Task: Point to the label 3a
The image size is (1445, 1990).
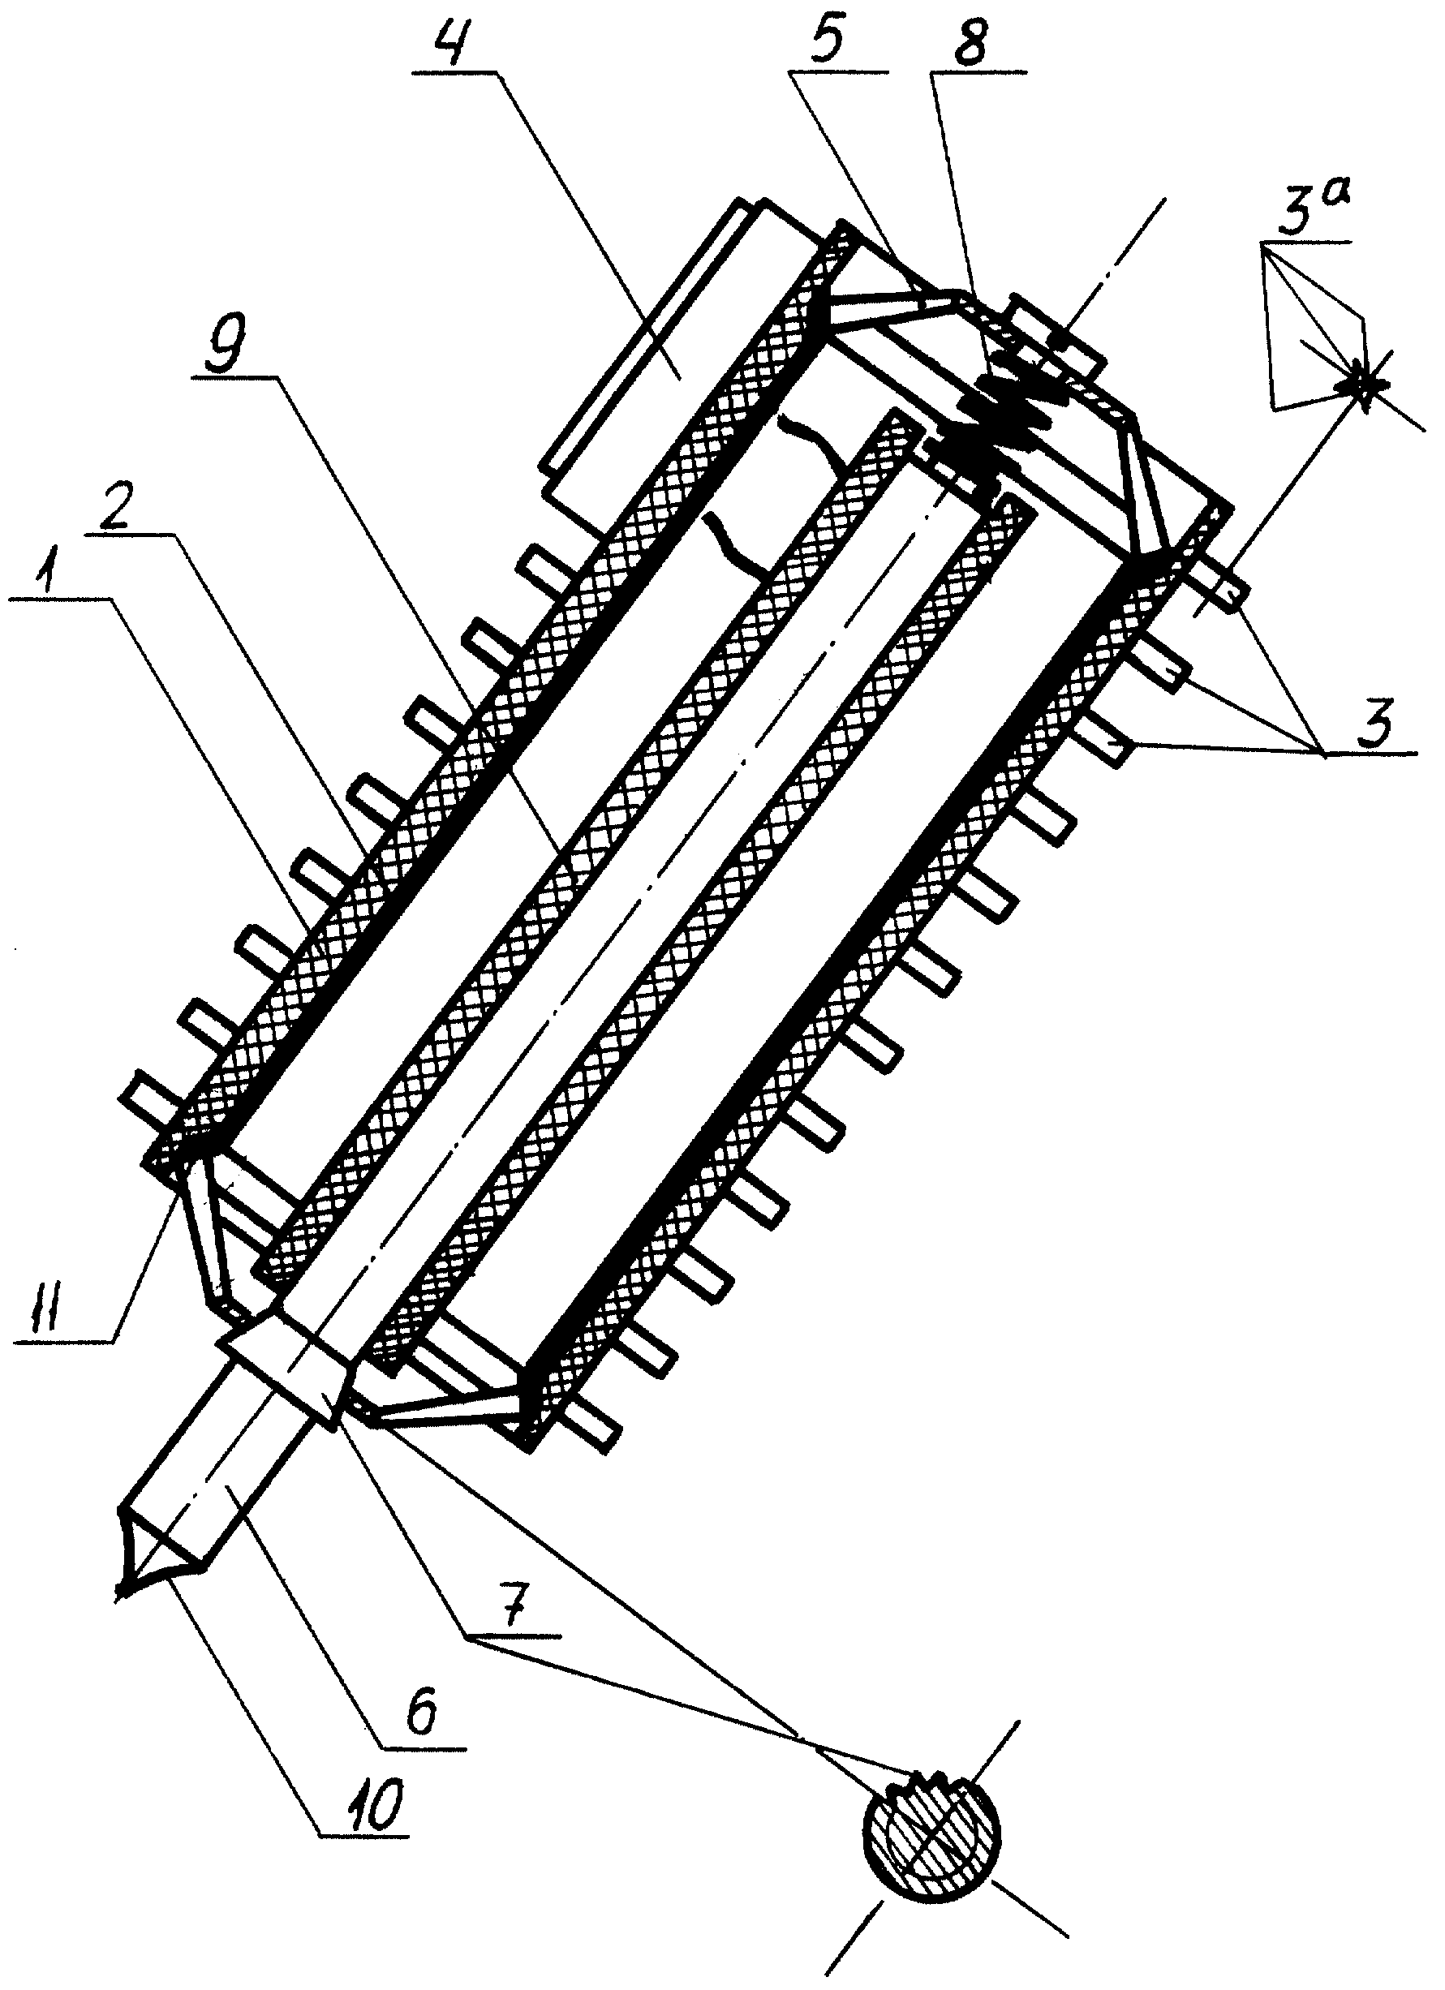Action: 1310,211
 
